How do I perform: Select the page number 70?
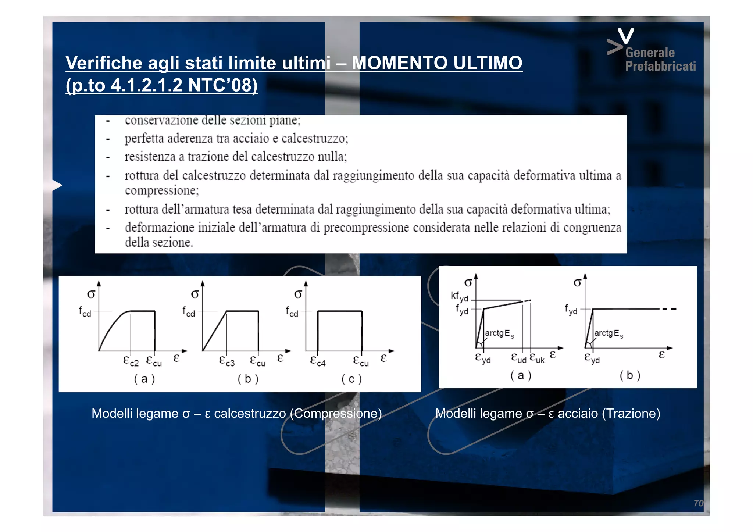698,503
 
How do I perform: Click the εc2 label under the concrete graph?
131,361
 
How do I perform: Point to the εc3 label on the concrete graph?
226,361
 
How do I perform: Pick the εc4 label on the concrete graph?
318,361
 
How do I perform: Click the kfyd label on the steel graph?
459,296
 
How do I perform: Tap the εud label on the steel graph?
519,358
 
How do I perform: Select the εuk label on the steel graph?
537,358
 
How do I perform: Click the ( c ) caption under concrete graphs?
351,379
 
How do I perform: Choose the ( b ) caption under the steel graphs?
630,375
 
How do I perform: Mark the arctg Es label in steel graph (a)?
499,333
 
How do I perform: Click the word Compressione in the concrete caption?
336,414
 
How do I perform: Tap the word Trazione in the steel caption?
631,414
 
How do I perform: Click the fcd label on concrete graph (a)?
85,312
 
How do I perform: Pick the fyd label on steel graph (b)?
571,309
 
